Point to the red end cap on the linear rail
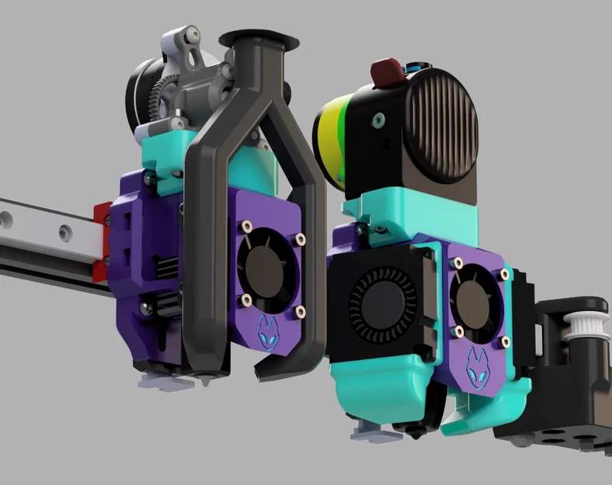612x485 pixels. pyautogui.click(x=101, y=241)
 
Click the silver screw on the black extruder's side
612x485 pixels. pyautogui.click(x=378, y=121)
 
